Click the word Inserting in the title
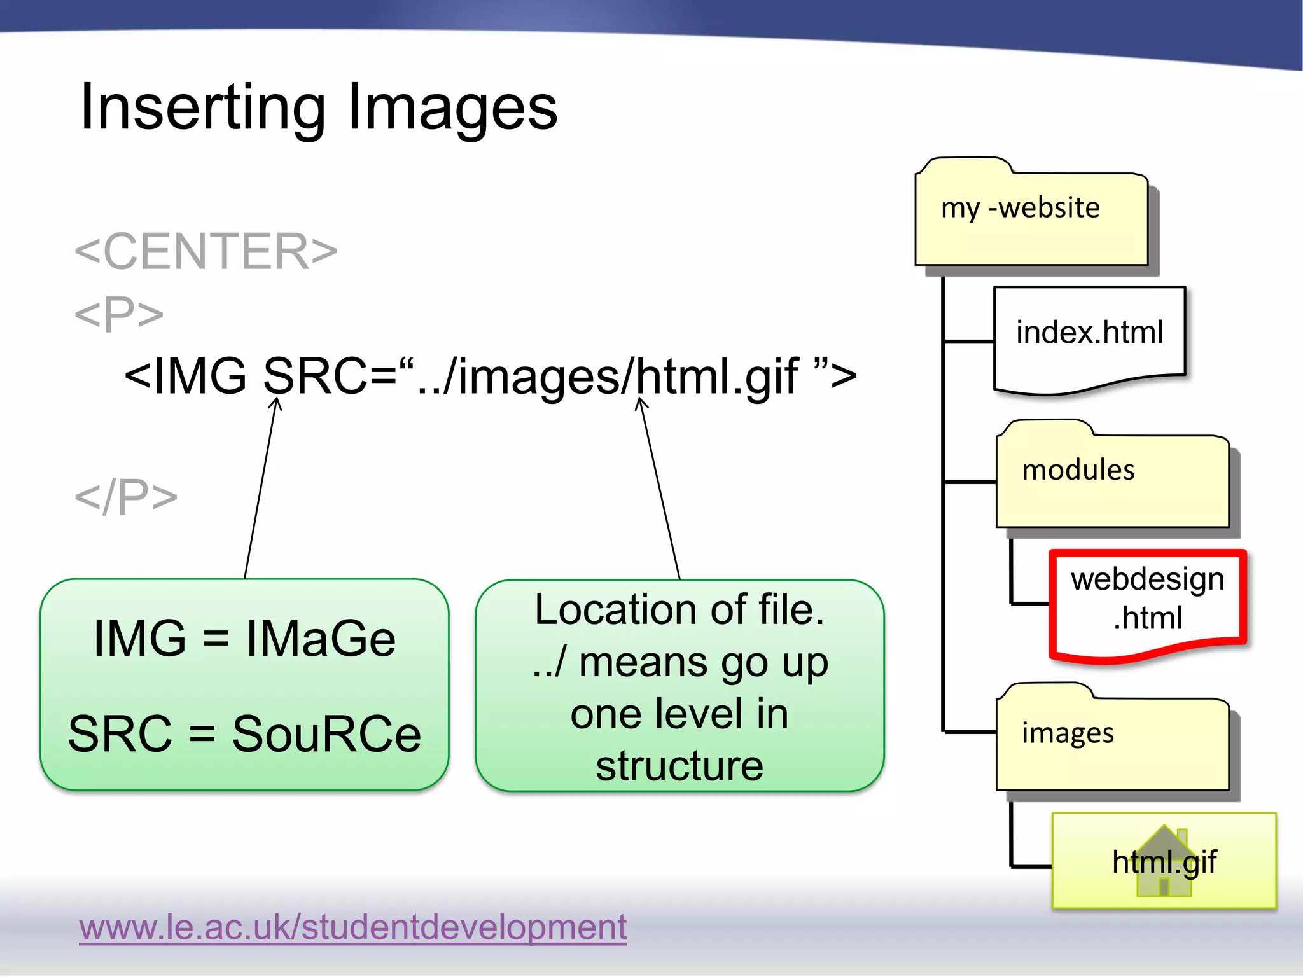coord(202,108)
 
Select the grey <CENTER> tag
coord(206,251)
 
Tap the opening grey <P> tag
coord(119,314)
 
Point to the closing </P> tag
coord(126,497)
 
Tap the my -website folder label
coord(1020,208)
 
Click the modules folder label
coord(1078,470)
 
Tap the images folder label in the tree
coord(1068,733)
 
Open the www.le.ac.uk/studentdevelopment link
coord(352,927)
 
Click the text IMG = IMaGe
coord(244,638)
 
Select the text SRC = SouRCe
coord(244,734)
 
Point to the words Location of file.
coord(679,609)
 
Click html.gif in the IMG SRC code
coord(716,376)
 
